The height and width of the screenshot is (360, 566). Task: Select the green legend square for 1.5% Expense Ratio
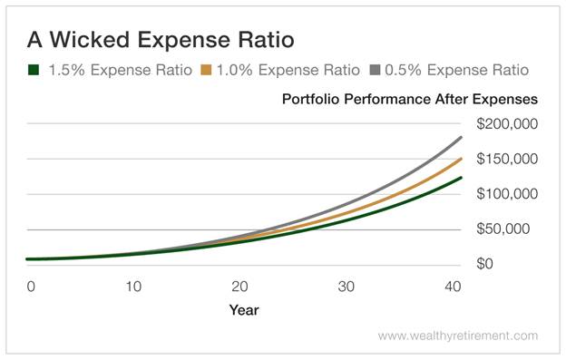point(34,69)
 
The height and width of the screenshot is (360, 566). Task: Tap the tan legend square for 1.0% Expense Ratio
point(207,69)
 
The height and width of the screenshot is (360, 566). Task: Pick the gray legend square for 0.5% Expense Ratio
point(376,69)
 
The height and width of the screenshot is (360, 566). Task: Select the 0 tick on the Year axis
point(30,287)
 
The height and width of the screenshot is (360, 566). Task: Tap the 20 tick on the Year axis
point(241,287)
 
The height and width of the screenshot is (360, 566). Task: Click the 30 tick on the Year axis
point(346,287)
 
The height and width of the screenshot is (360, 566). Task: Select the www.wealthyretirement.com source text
point(457,336)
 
